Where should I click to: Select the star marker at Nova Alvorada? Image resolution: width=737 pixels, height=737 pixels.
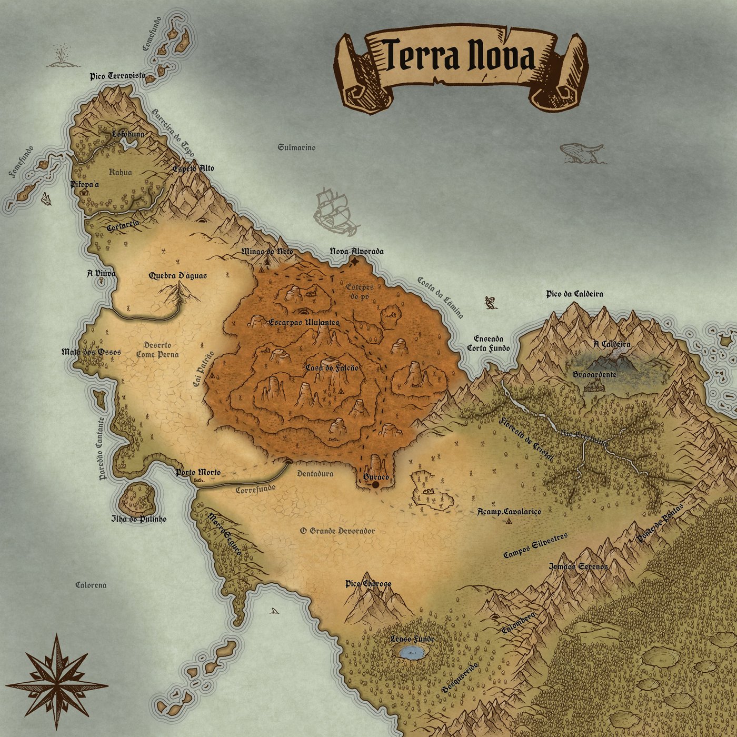click(x=356, y=261)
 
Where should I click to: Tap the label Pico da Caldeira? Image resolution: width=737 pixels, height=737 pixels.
click(x=575, y=294)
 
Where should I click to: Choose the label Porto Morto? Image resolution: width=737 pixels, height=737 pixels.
click(x=198, y=472)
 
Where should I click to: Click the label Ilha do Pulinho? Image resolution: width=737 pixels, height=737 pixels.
click(x=138, y=519)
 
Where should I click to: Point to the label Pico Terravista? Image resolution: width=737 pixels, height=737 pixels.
click(x=118, y=76)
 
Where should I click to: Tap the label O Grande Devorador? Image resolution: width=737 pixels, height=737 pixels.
click(x=337, y=531)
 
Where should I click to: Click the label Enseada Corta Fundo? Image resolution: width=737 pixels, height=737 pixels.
click(x=489, y=343)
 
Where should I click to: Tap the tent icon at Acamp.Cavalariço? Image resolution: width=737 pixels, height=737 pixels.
click(x=509, y=521)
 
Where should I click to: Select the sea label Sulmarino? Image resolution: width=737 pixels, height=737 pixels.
click(x=296, y=147)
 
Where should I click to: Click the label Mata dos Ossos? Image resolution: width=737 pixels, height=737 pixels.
click(x=91, y=352)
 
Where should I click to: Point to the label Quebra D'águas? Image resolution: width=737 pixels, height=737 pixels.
click(x=178, y=275)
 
